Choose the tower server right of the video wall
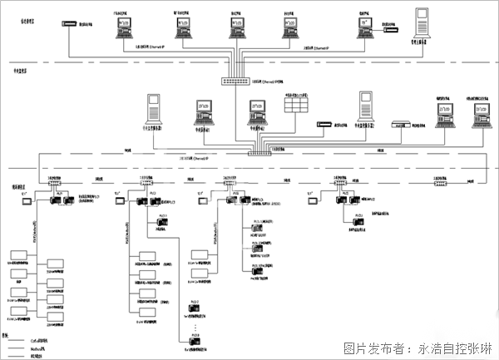point(366,106)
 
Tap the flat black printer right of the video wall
point(324,125)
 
